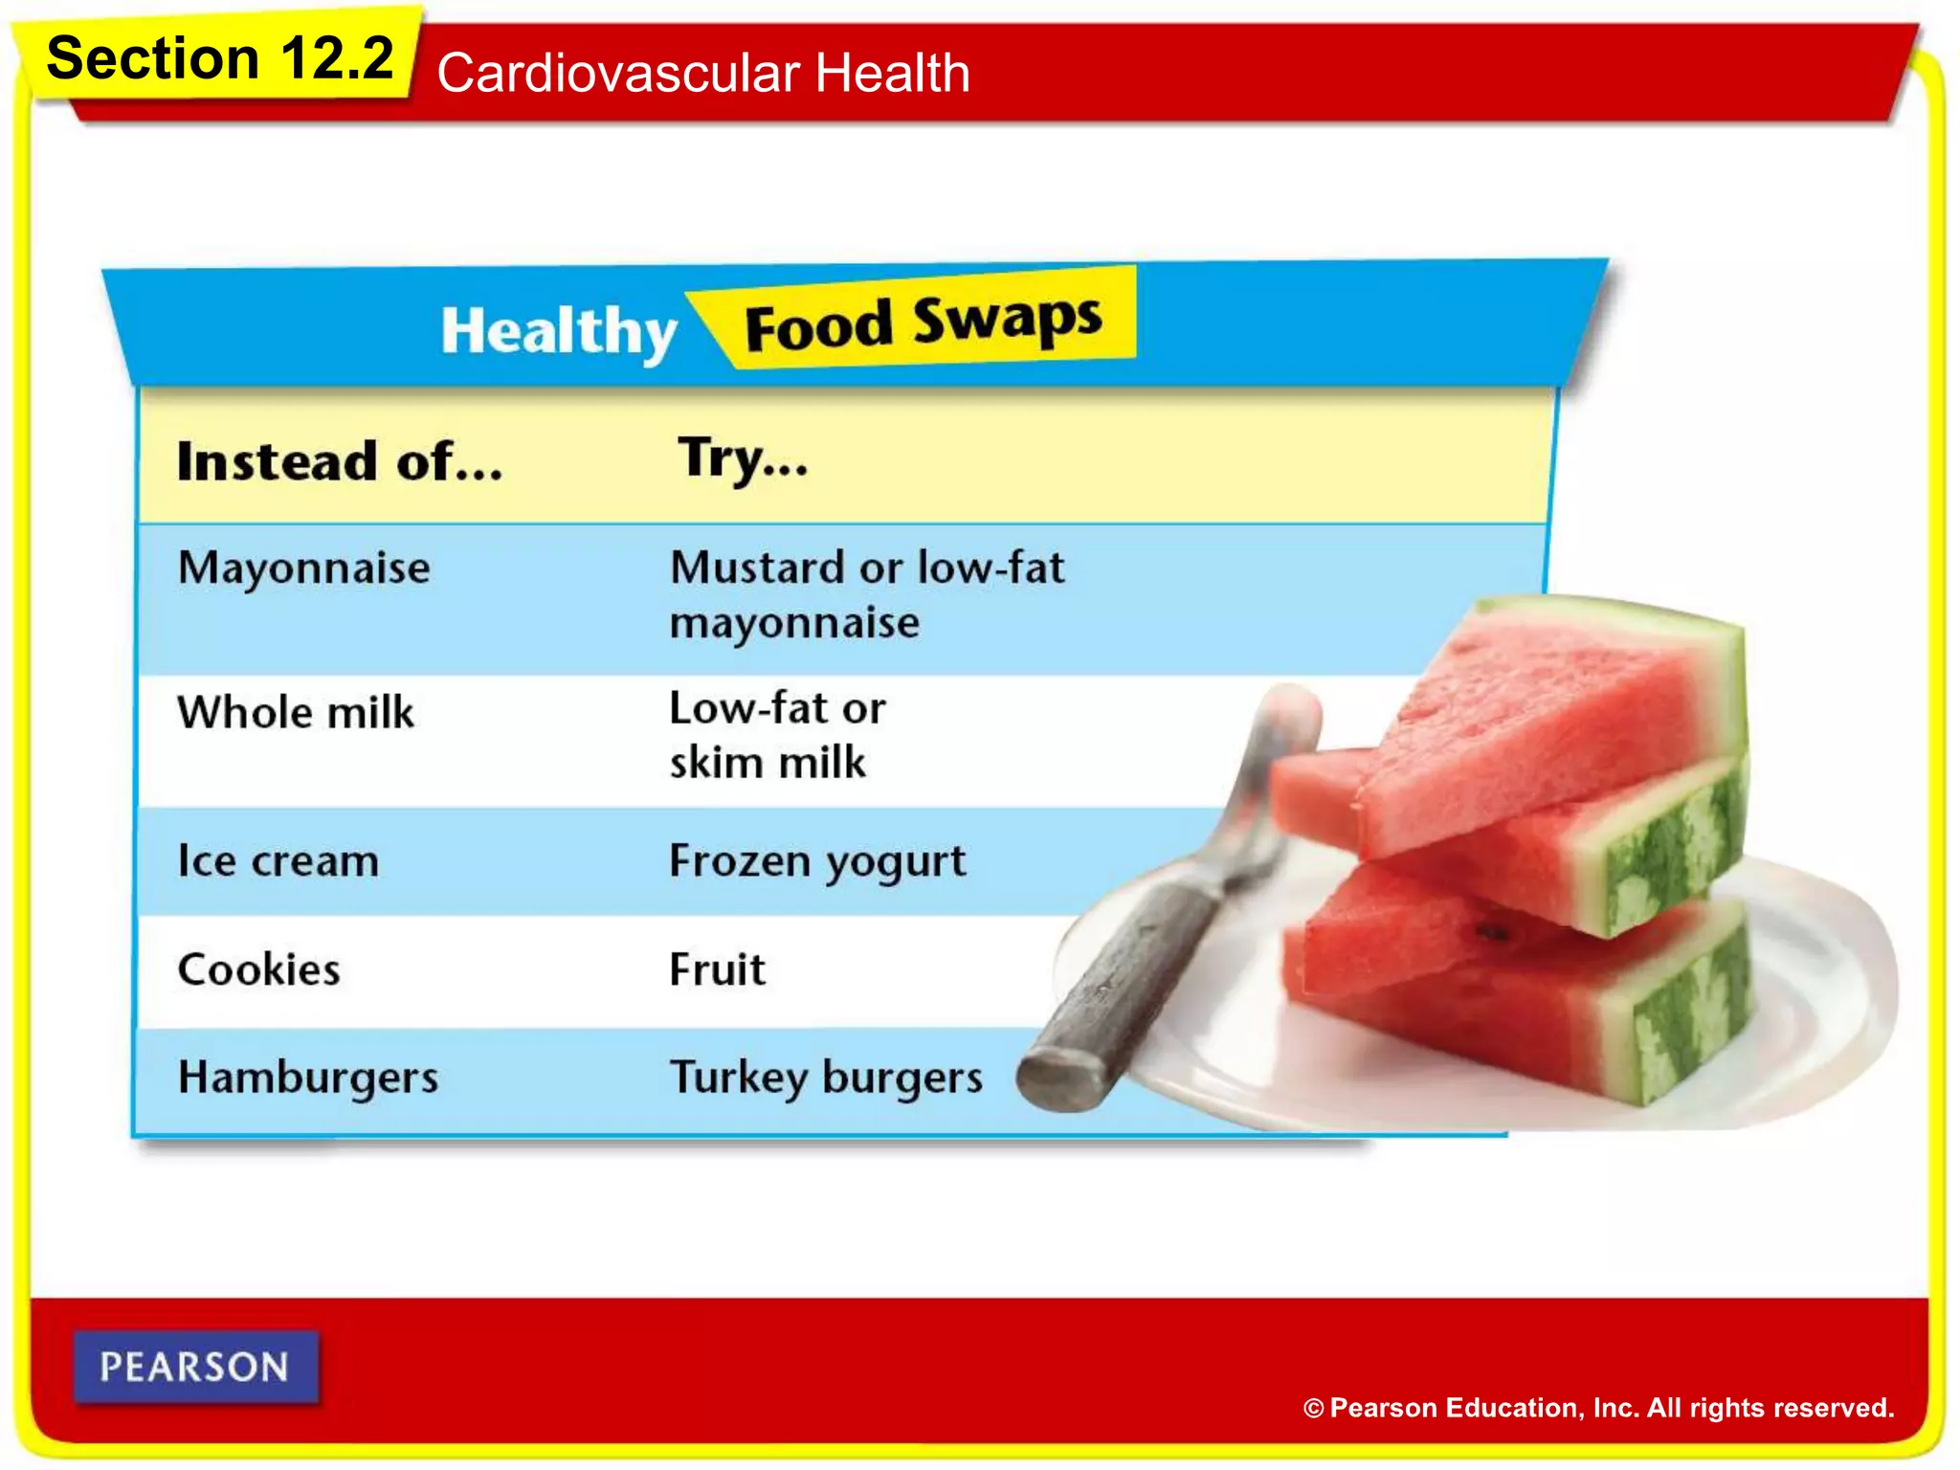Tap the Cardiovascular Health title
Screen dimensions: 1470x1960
point(703,74)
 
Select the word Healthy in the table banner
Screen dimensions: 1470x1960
point(559,331)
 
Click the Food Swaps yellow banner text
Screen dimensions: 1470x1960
point(923,323)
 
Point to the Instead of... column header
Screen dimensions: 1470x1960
point(340,462)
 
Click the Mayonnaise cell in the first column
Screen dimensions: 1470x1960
point(304,568)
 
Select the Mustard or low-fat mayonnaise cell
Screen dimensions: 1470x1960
point(866,594)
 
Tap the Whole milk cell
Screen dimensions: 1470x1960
point(296,713)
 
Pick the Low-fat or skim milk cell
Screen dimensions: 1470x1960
point(777,736)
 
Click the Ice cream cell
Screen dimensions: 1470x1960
point(278,861)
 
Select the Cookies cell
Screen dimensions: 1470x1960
point(259,970)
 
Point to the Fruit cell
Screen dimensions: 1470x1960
point(718,970)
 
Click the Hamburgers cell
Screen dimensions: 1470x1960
point(308,1078)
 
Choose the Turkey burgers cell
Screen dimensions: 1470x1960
point(826,1078)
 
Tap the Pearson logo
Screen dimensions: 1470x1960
point(195,1368)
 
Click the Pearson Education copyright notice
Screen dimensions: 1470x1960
point(1598,1408)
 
